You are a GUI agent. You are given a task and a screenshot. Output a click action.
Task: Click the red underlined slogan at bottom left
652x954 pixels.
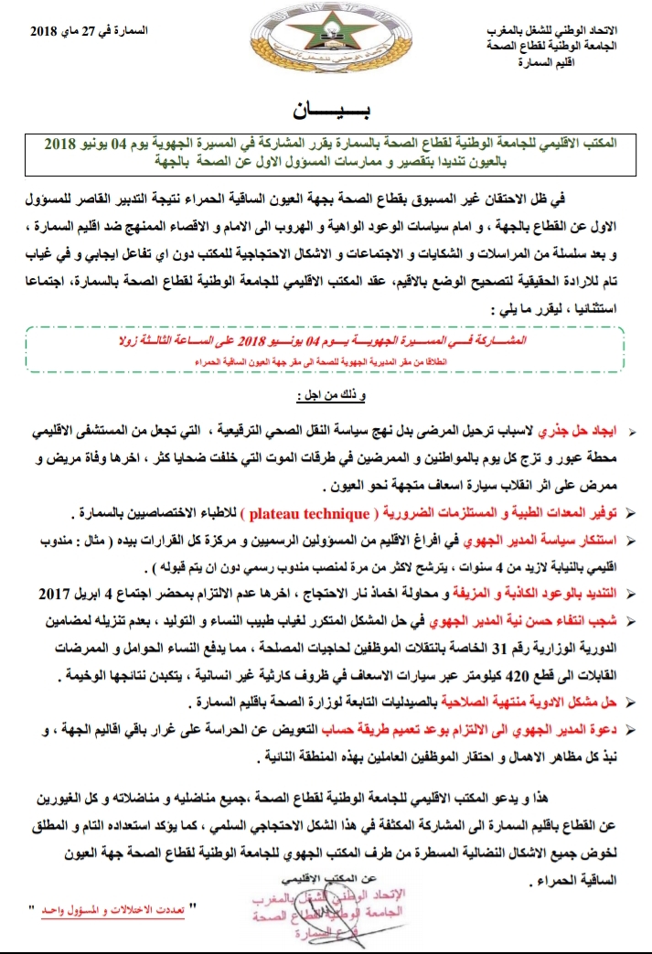(111, 913)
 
